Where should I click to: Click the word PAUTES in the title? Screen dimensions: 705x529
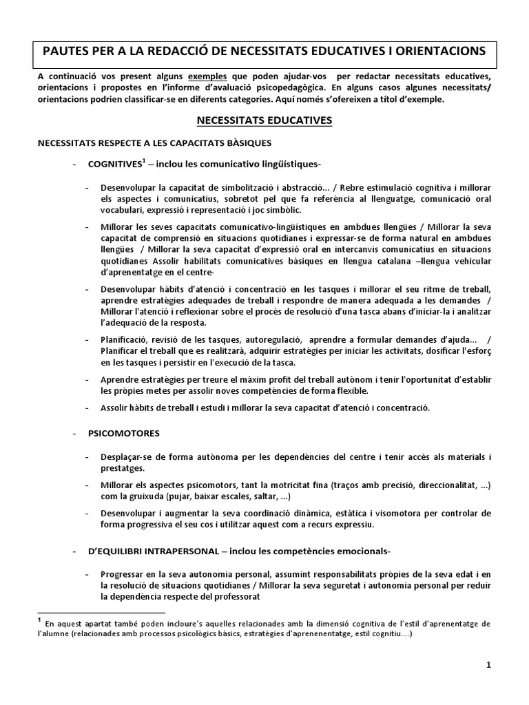click(68, 51)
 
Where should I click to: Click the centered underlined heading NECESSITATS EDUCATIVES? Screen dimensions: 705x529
click(264, 120)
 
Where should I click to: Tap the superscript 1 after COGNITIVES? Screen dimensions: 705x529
click(143, 162)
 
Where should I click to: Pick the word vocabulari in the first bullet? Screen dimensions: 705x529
click(121, 210)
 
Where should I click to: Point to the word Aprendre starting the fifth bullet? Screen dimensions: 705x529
click(118, 379)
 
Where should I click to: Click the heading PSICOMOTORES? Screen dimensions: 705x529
click(124, 433)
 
